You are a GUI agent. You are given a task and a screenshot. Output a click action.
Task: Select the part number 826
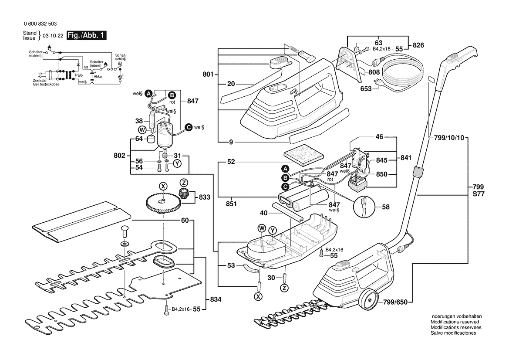[418, 45]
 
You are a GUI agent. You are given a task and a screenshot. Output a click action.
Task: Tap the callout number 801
[209, 75]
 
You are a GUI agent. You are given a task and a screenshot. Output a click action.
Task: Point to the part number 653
[366, 88]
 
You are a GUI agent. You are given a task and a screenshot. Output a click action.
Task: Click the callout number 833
[205, 197]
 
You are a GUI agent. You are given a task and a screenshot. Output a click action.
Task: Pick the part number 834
[215, 300]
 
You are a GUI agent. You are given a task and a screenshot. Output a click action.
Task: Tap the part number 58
[386, 207]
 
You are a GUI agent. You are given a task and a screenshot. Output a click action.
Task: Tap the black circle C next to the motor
[188, 127]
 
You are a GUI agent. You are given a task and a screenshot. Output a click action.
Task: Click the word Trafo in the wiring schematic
[78, 75]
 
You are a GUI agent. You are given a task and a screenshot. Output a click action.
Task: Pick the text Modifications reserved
[452, 322]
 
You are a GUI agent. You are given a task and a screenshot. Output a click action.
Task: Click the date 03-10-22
[53, 36]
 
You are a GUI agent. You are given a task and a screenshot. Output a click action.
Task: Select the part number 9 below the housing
[231, 142]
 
